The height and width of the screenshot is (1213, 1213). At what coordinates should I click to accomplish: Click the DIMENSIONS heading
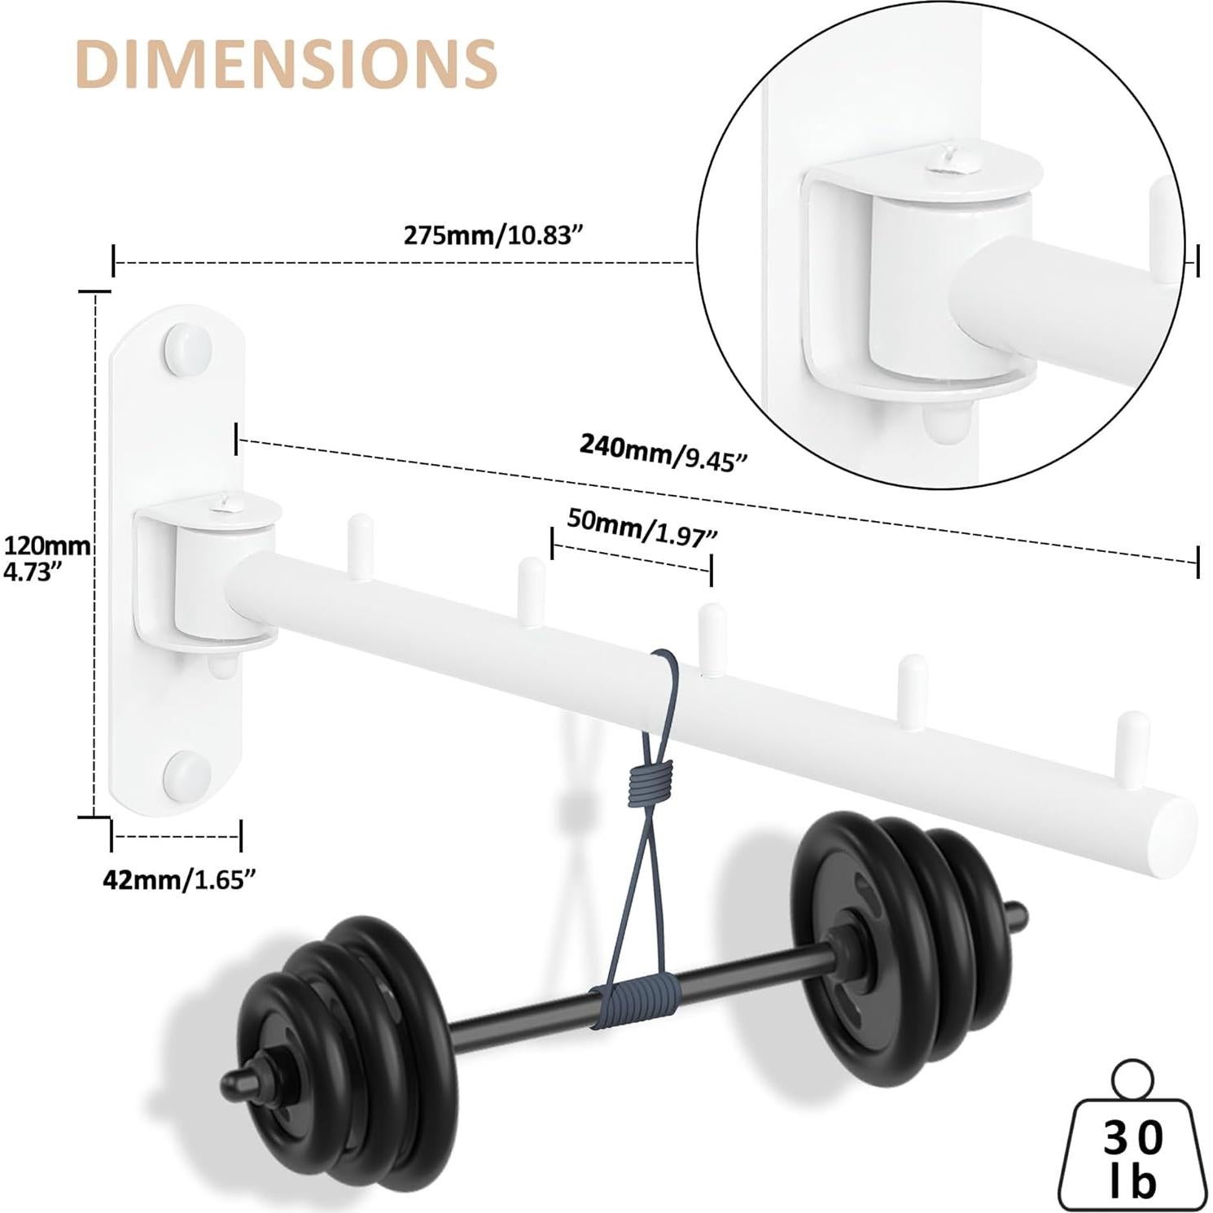tap(285, 62)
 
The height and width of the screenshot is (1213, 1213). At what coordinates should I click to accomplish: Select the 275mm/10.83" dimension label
tap(494, 235)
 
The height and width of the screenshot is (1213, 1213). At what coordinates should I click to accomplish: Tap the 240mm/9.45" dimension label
tap(663, 453)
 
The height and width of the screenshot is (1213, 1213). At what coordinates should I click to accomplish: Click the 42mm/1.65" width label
tap(174, 879)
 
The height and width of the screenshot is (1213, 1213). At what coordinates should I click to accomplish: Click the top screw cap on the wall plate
tap(188, 348)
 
